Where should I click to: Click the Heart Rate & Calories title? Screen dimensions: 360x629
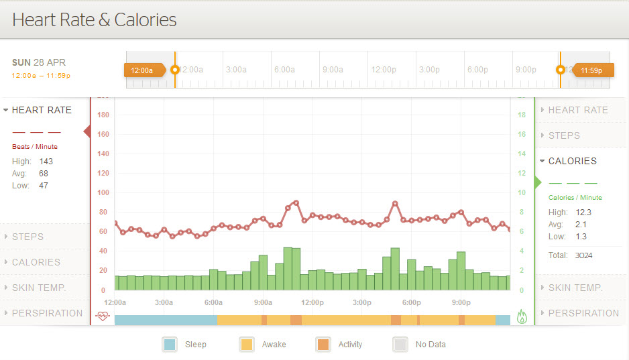(95, 19)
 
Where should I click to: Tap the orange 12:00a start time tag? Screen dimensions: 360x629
(142, 70)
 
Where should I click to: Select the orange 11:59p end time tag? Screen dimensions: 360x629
(591, 70)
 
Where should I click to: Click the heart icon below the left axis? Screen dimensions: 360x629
(102, 316)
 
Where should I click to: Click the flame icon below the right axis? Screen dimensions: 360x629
(522, 316)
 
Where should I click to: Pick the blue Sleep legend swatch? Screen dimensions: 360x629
(170, 345)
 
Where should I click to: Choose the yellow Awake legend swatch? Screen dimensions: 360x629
(246, 345)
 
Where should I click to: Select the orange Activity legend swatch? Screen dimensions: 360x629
(323, 345)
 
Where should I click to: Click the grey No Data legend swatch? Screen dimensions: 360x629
(400, 345)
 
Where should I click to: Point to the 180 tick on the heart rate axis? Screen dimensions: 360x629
(103, 115)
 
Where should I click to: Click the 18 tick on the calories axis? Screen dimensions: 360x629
(522, 115)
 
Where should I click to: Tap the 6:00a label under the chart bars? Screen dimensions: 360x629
(213, 302)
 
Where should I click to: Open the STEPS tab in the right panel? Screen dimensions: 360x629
(564, 135)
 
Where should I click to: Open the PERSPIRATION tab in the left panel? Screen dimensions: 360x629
(47, 313)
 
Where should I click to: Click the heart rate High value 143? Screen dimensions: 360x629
(46, 162)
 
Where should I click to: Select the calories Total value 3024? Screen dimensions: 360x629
(583, 255)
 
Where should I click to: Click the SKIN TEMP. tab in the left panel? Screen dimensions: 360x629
(39, 288)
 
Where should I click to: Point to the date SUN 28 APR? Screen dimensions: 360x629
(39, 62)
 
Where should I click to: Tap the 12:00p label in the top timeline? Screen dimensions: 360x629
(384, 70)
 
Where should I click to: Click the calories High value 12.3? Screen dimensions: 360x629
(583, 213)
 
